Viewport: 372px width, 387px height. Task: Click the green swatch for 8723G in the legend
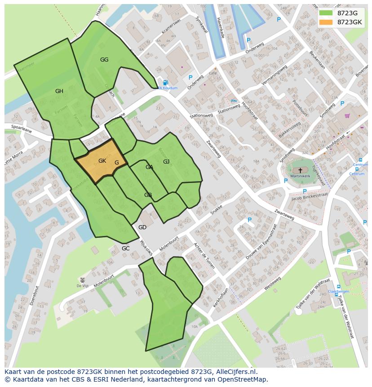coord(326,13)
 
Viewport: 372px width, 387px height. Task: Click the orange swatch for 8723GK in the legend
coord(326,22)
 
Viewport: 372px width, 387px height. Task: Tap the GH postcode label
coord(59,91)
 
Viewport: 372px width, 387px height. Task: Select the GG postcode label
coord(104,60)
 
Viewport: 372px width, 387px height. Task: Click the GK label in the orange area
coord(102,161)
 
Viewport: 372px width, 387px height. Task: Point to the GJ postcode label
coord(166,162)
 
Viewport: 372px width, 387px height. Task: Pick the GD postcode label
coord(142,227)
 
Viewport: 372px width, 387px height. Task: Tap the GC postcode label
coord(125,249)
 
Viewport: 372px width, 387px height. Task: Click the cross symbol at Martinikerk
coord(300,170)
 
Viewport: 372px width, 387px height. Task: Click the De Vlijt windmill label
coord(82,286)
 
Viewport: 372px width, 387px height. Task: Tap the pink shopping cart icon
coord(347,116)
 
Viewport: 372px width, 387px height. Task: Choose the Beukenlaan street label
coord(317,59)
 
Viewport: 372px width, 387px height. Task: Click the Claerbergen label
coord(338,291)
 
